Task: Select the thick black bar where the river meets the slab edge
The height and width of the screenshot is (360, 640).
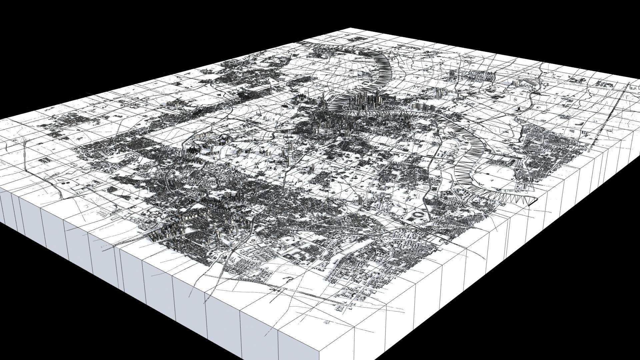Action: click(532, 204)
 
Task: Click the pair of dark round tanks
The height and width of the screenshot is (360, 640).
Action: click(65, 184)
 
